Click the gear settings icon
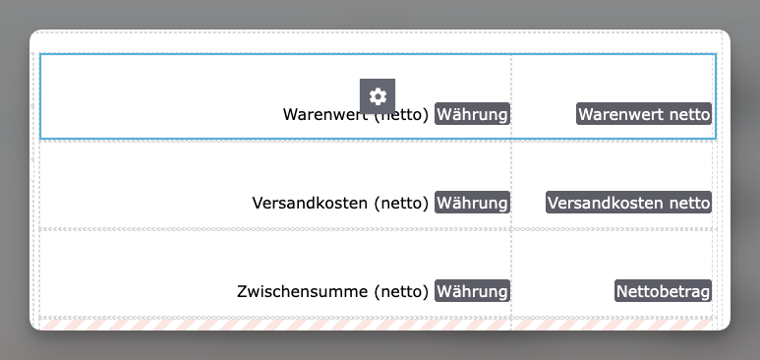tap(378, 96)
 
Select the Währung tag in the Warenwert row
tap(472, 114)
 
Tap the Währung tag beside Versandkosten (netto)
tap(472, 203)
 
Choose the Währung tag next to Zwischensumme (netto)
tap(472, 290)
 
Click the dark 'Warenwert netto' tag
tap(644, 114)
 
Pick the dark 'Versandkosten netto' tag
tap(628, 203)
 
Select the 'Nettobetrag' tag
tap(663, 290)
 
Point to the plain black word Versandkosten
tap(310, 203)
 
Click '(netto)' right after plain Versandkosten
tap(401, 204)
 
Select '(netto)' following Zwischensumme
tap(401, 291)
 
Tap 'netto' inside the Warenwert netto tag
tap(690, 114)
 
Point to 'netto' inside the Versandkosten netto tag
tap(690, 203)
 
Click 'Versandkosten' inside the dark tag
tap(606, 203)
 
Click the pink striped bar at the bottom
tap(376, 325)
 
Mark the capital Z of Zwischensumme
tap(242, 291)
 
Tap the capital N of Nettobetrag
tap(621, 291)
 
